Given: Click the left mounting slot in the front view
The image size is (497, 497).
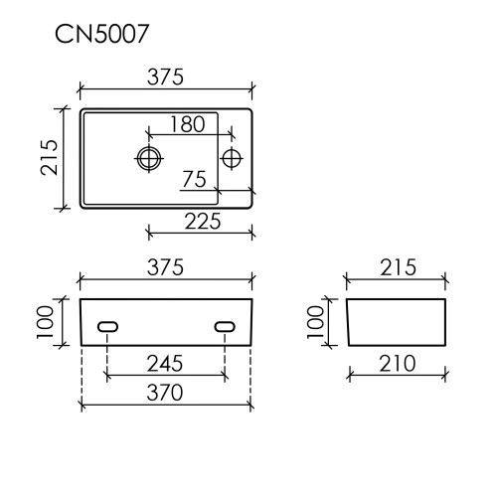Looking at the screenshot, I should pos(107,326).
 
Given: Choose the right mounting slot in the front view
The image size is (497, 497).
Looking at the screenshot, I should pos(226,326).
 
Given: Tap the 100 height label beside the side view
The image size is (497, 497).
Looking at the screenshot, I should pos(316,320).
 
